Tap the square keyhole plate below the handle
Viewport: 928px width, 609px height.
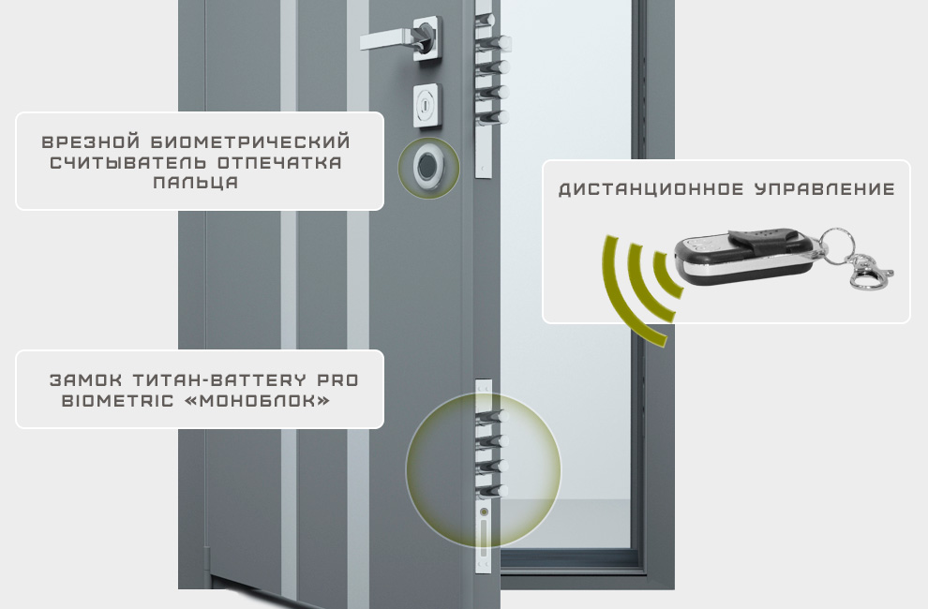click(x=427, y=105)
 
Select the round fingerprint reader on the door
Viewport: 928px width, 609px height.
click(x=427, y=167)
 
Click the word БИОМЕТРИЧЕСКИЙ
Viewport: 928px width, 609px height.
click(x=250, y=142)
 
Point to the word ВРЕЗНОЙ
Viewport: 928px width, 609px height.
click(x=91, y=142)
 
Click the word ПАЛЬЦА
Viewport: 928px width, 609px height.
click(x=196, y=182)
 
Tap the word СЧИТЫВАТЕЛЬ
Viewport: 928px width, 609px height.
click(x=128, y=162)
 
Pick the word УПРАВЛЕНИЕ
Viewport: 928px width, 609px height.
click(x=825, y=189)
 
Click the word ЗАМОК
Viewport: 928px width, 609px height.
click(x=86, y=380)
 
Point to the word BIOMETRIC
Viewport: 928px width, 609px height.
click(x=118, y=401)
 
